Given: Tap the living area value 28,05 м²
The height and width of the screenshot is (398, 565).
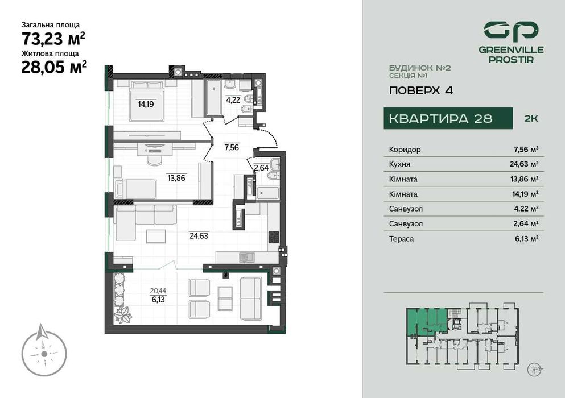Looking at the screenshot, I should (x=54, y=67).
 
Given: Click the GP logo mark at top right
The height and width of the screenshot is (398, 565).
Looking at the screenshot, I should (x=510, y=31).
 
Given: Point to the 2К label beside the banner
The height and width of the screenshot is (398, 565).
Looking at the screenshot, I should (x=530, y=119).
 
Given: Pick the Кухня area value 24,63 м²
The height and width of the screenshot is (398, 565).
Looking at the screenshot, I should (x=526, y=164).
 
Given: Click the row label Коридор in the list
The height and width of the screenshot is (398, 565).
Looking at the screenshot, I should (x=405, y=150).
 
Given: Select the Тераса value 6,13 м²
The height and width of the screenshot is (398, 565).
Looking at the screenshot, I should (x=526, y=239).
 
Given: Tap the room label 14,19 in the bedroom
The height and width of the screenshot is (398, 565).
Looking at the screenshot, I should (x=146, y=104).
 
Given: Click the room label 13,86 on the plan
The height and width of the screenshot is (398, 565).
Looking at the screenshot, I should (x=176, y=177).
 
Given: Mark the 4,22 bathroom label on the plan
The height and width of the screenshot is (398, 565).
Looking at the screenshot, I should (x=233, y=100).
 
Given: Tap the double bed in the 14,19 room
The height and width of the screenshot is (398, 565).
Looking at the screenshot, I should (x=147, y=101).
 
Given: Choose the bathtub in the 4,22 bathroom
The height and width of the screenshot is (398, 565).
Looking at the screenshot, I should (x=213, y=98).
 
